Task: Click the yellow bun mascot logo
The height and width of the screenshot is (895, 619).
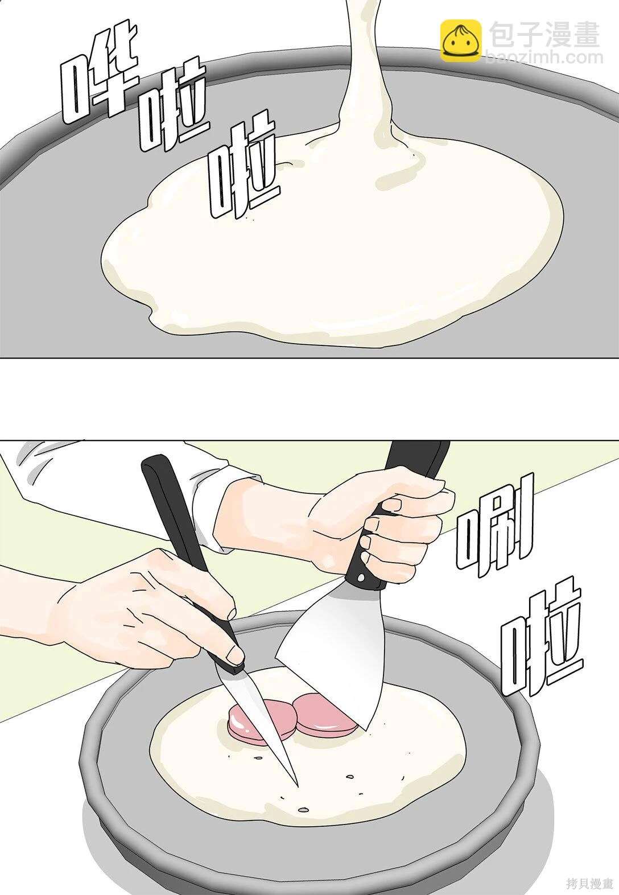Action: click(x=460, y=40)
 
